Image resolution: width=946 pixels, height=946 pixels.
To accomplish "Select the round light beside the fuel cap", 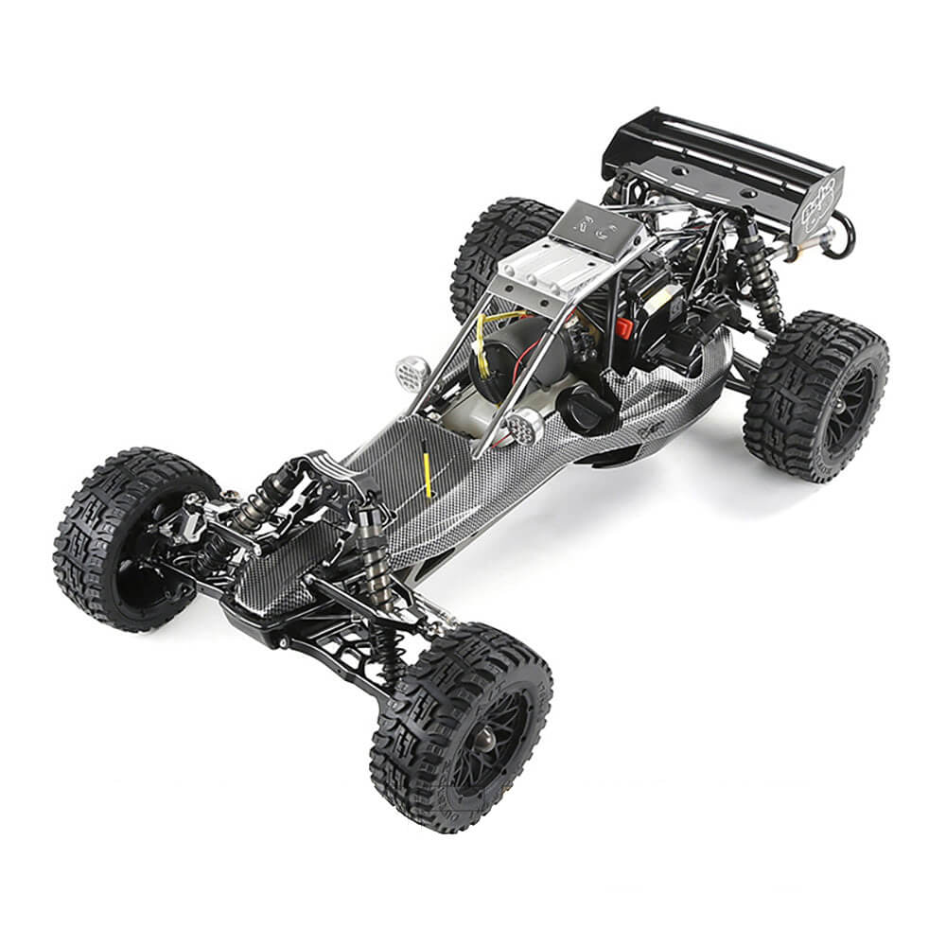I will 523,428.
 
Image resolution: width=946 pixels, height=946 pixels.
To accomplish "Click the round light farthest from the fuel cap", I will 412,373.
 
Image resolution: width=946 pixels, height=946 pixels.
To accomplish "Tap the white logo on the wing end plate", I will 819,193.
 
